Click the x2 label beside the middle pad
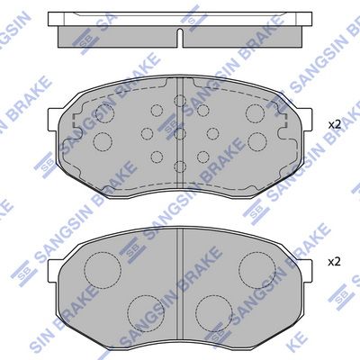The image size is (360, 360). (x=335, y=124)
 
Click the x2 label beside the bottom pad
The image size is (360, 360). (x=335, y=262)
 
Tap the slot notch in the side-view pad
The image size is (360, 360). (x=180, y=38)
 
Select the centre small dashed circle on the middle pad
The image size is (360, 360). (x=180, y=134)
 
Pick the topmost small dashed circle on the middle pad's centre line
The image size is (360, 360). (x=180, y=101)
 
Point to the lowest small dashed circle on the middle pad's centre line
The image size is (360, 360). (x=180, y=166)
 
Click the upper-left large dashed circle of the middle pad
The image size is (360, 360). (x=105, y=113)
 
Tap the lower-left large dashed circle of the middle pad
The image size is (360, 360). (x=103, y=141)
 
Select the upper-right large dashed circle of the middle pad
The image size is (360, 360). (x=256, y=113)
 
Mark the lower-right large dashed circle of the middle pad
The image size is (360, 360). (x=257, y=141)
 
